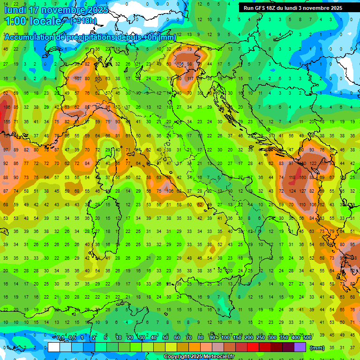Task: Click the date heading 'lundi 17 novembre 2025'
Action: pyautogui.click(x=56, y=10)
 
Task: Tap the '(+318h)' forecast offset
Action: pyautogui.click(x=83, y=21)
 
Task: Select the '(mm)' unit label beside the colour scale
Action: pyautogui.click(x=317, y=348)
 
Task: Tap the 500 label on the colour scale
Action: pyautogui.click(x=307, y=338)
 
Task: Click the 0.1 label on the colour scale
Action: pyautogui.click(x=61, y=338)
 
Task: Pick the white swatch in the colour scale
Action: pyautogui.click(x=53, y=347)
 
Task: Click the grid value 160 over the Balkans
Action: pyautogui.click(x=303, y=178)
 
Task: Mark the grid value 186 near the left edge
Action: pyautogui.click(x=7, y=107)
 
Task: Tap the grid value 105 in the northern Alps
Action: pyautogui.click(x=180, y=64)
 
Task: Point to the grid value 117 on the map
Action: pyautogui.click(x=190, y=79)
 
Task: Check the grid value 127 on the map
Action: pyautogui.click(x=303, y=191)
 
